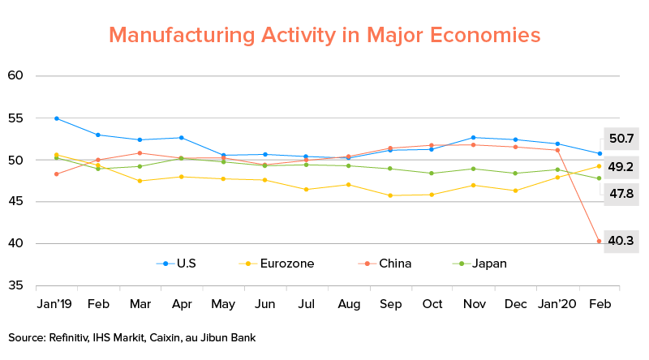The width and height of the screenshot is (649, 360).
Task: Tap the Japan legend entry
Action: (484, 264)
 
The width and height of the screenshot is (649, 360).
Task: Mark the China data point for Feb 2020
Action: (600, 241)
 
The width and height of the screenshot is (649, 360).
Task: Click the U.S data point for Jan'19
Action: (56, 118)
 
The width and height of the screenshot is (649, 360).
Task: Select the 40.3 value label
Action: (621, 242)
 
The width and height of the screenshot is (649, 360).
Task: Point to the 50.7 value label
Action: (621, 139)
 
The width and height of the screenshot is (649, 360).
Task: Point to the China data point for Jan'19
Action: (56, 174)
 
